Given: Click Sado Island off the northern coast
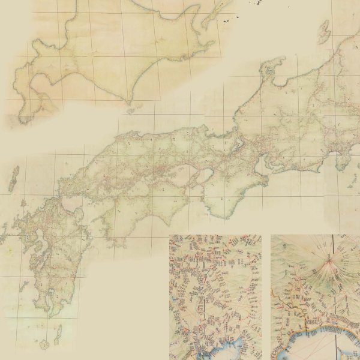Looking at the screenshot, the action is pyautogui.click(x=325, y=30).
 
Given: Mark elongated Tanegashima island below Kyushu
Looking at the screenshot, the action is pyautogui.click(x=58, y=331).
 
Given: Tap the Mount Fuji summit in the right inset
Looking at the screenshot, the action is pyautogui.click(x=329, y=259).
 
